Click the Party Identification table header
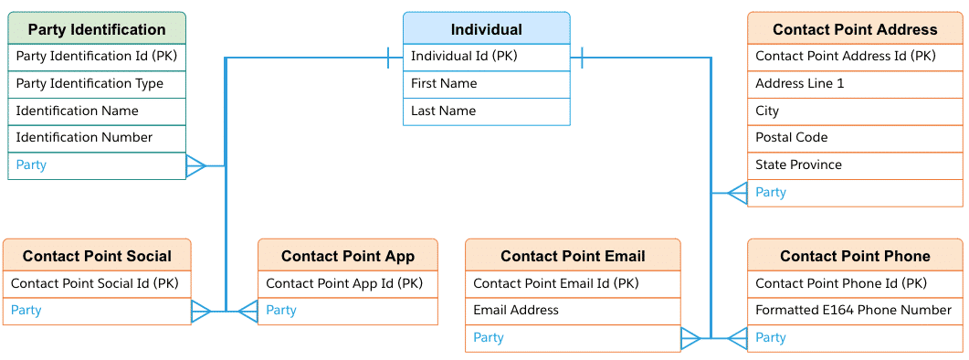coord(97,29)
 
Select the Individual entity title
coord(486,29)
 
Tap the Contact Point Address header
coord(854,29)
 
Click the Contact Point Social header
coord(96,256)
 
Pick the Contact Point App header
coord(347,256)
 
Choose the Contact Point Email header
coord(573,256)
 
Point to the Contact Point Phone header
coord(854,256)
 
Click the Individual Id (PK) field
coord(464,57)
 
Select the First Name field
coord(444,83)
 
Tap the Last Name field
coord(443,111)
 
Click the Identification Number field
coord(84,137)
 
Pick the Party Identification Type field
coord(90,83)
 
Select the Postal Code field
coord(791,137)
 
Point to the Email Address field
coord(515,310)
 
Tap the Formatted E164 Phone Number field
coord(853,310)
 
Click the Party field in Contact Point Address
coord(771,192)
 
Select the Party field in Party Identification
coord(31,164)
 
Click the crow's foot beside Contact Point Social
coord(201,312)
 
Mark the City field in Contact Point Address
coord(767,111)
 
